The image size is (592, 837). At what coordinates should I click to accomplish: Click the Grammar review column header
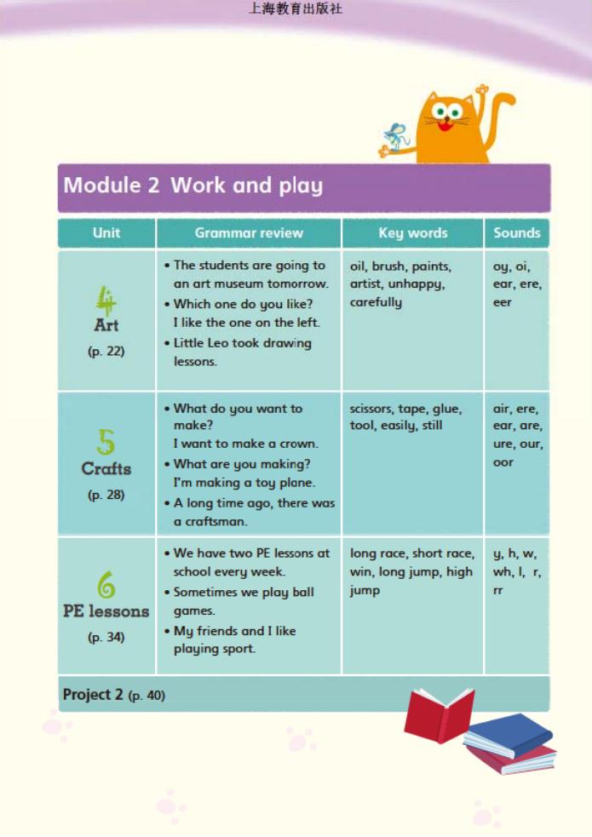[x=248, y=232]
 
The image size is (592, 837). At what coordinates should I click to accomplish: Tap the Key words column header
[x=412, y=232]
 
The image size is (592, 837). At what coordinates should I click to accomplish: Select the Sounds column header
[x=516, y=232]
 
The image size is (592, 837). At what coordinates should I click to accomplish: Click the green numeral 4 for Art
[x=106, y=300]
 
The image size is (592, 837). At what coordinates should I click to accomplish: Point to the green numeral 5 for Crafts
[x=106, y=442]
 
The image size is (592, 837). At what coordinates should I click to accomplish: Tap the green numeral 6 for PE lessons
[x=106, y=585]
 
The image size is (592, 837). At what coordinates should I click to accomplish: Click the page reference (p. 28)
[x=106, y=495]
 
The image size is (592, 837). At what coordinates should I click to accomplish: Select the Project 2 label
[x=92, y=694]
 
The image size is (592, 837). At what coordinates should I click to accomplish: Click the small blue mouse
[x=395, y=137]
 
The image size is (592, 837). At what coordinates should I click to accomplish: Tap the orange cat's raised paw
[x=483, y=92]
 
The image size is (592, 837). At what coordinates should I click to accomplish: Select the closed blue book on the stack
[x=509, y=733]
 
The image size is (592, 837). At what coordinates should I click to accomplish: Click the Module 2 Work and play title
[x=193, y=186]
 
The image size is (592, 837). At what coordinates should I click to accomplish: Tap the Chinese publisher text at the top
[x=295, y=9]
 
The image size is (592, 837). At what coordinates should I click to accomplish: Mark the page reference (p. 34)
[x=106, y=637]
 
